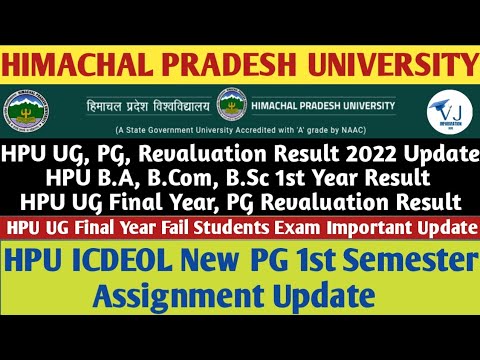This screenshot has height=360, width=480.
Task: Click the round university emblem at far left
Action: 21,112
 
